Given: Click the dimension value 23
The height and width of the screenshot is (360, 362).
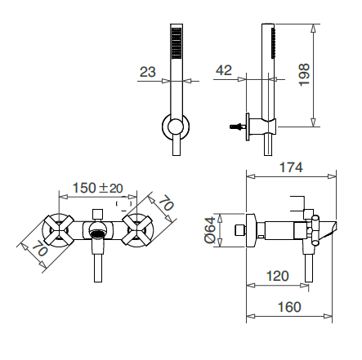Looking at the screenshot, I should pos(147,72).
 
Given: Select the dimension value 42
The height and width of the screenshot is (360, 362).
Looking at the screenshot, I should pos(224,71).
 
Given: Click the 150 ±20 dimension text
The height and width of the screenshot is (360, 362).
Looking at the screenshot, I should pos(99,188).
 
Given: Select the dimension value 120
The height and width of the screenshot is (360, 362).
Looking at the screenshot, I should pos(277,277).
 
